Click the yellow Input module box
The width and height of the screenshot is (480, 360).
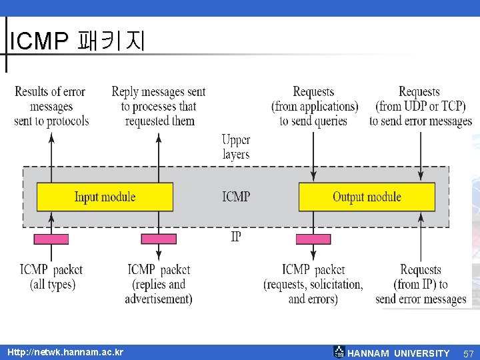105,197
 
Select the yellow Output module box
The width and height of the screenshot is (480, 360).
367,197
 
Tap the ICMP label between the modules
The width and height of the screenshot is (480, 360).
236,197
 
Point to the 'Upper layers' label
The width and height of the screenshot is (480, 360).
236,147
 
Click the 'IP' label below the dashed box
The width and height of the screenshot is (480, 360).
236,237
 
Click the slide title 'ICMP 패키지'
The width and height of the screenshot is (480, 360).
77,41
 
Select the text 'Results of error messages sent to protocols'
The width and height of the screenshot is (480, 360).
51,106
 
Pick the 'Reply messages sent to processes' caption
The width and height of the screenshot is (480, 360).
159,106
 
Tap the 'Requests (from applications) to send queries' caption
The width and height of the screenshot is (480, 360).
314,106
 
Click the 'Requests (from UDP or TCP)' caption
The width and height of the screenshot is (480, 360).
420,106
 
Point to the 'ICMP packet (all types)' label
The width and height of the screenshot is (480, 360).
51,277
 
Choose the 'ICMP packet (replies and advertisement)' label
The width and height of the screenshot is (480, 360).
159,284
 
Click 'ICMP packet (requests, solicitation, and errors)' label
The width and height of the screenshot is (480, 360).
314,284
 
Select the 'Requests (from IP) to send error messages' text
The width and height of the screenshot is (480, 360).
421,284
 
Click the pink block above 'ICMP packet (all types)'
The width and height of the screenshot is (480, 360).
51,239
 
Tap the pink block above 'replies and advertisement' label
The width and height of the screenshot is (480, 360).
159,239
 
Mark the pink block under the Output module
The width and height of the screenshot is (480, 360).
313,239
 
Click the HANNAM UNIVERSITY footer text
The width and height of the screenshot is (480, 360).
399,353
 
